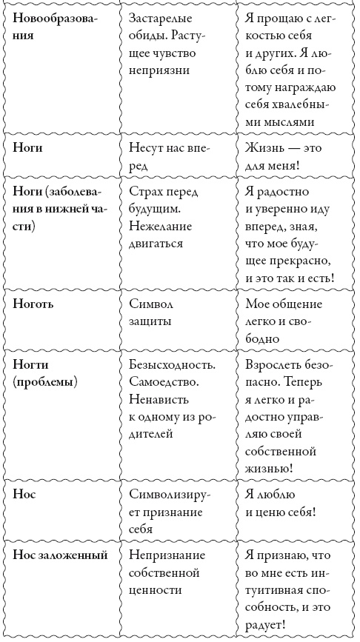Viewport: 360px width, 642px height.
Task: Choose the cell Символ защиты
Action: point(152,312)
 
